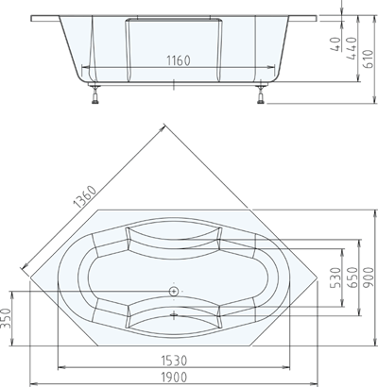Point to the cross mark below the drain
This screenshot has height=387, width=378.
(174, 314)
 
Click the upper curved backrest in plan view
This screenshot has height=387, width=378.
(174, 237)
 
